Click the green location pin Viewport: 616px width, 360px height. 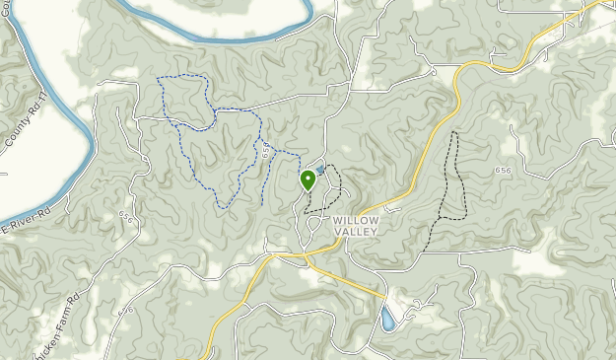308,180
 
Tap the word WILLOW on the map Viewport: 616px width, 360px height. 356,220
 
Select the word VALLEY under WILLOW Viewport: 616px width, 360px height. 356,231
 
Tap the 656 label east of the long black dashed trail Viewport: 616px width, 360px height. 504,171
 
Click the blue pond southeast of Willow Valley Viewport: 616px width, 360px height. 388,321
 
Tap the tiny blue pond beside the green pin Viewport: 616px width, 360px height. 320,170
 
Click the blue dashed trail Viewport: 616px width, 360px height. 186,148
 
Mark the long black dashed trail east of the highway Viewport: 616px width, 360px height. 451,187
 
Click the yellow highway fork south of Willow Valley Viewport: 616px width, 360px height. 308,255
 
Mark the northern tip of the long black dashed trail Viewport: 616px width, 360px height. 454,133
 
